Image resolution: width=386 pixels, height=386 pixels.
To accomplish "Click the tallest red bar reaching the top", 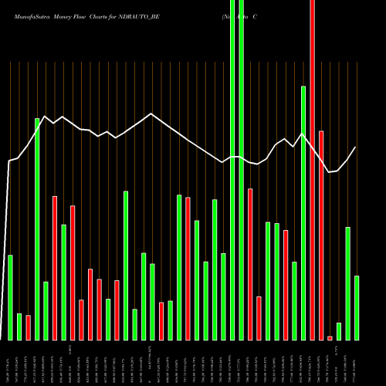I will tap(312, 170).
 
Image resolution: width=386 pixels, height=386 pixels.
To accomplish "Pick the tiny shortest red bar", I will tap(330, 338).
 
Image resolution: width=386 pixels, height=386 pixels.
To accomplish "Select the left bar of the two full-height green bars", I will tap(232, 170).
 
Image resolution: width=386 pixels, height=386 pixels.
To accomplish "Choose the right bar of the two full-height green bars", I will tap(242, 170).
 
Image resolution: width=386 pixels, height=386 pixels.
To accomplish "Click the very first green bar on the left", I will tap(10, 297).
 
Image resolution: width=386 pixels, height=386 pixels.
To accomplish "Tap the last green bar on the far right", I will tap(357, 308).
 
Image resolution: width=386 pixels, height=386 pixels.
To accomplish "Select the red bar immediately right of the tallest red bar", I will tap(321, 235).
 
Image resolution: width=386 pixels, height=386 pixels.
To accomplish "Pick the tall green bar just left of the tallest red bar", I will tap(303, 213).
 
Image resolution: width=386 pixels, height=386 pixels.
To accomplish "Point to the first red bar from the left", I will tap(28, 327).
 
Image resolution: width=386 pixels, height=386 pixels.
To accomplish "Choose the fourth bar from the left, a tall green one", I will tap(37, 229).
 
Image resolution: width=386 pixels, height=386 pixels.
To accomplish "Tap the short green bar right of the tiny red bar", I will tap(339, 331).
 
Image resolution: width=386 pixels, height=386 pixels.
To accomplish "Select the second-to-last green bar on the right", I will tap(348, 283).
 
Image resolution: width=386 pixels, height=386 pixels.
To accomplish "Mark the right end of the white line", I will tap(356, 147).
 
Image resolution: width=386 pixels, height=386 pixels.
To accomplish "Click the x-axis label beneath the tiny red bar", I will tap(330, 363).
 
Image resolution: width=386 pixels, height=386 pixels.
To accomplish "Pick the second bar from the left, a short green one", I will tap(19, 327).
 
